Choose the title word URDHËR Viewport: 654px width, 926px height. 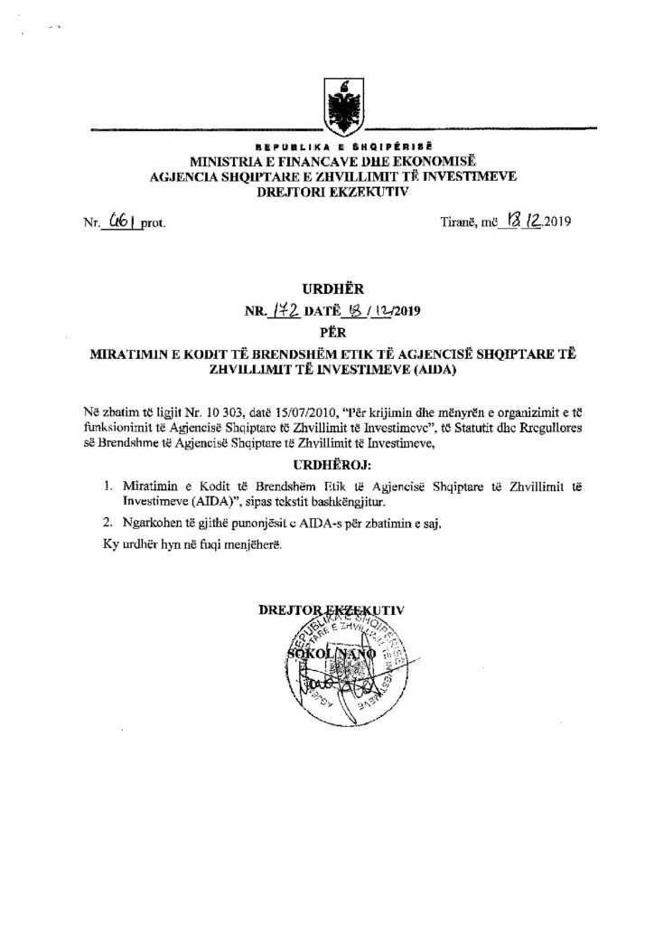(x=326, y=291)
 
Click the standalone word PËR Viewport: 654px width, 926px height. (x=326, y=332)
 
